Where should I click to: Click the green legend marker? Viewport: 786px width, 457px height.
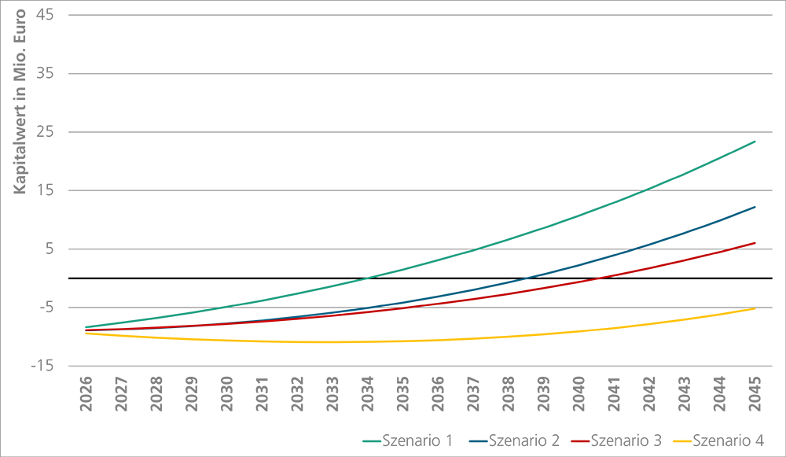coord(364,435)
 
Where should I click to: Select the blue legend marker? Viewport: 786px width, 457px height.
coord(474,436)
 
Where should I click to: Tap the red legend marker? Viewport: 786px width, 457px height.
coord(578,436)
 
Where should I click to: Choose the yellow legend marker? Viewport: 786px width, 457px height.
coord(681,436)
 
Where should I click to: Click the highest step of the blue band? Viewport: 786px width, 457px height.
coord(700,223)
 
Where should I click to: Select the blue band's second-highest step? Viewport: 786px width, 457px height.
coord(580,265)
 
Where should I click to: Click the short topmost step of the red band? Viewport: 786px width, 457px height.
coord(745,237)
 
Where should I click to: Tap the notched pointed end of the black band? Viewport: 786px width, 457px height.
coord(773,277)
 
